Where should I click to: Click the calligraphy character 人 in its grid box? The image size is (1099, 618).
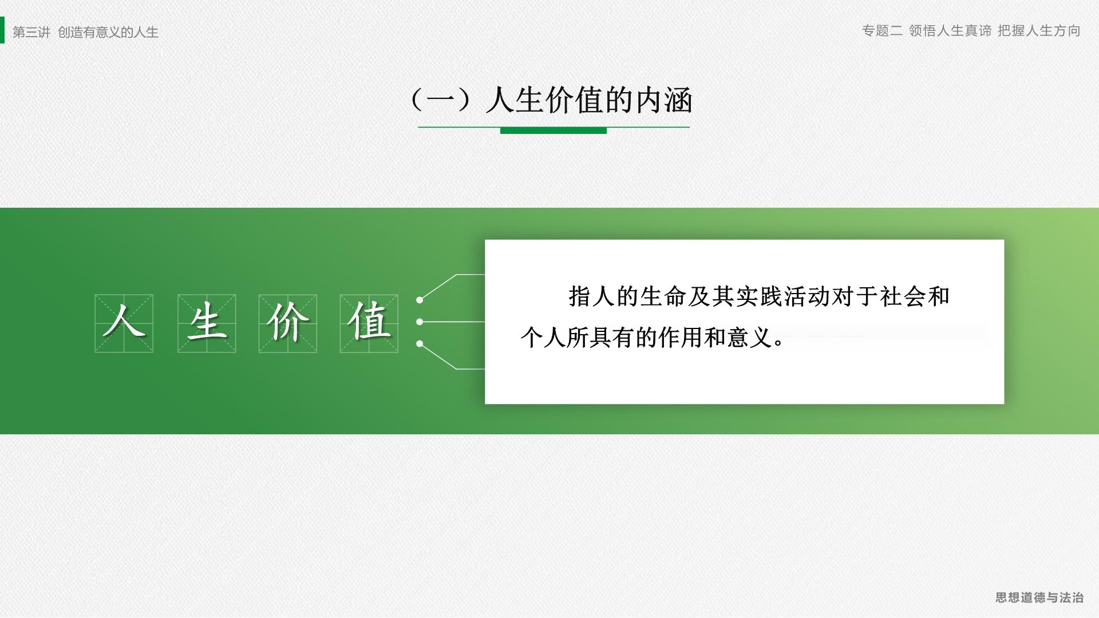pos(124,322)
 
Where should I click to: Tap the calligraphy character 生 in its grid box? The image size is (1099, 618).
pos(207,322)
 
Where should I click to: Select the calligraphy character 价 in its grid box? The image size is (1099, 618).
pos(288,322)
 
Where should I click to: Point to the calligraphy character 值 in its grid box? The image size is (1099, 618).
pos(369,322)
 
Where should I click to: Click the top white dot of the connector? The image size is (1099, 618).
pos(420,300)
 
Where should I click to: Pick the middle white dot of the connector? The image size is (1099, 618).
pos(420,322)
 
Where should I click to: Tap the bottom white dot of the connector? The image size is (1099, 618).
pos(420,344)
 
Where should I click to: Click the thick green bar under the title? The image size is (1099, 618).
pos(554,130)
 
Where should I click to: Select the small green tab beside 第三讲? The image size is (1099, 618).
pos(2,30)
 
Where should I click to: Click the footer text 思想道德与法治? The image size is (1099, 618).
pos(1039,597)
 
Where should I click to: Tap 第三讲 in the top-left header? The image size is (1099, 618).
pos(31,32)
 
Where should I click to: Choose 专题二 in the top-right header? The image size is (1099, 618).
pos(882,31)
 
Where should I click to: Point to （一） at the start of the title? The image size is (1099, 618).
pos(441,101)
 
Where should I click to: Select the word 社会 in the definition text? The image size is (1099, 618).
pos(903,296)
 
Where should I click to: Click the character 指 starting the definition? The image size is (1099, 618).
pos(579,296)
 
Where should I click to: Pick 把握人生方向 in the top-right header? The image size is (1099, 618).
pos(1039,31)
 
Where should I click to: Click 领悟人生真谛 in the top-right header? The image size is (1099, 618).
pos(950,31)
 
